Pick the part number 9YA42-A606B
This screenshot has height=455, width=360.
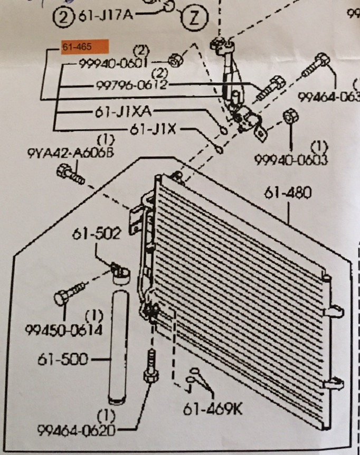70,153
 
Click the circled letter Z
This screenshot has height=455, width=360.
193,20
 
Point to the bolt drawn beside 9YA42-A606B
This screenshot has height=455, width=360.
70,174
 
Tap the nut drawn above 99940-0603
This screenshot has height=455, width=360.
290,116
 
